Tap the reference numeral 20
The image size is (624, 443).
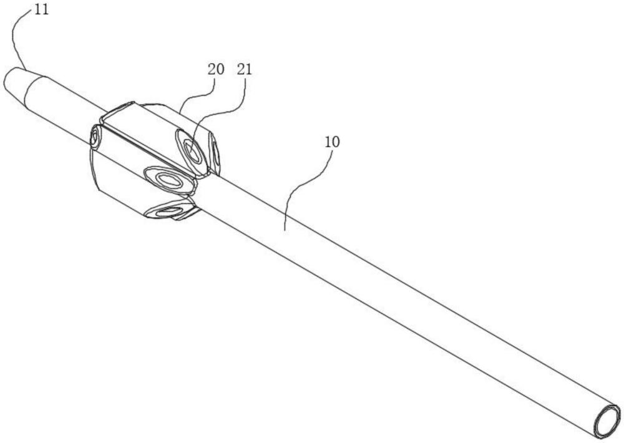click(x=216, y=69)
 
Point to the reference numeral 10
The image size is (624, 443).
click(x=332, y=142)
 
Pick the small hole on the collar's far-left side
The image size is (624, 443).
click(x=95, y=136)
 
